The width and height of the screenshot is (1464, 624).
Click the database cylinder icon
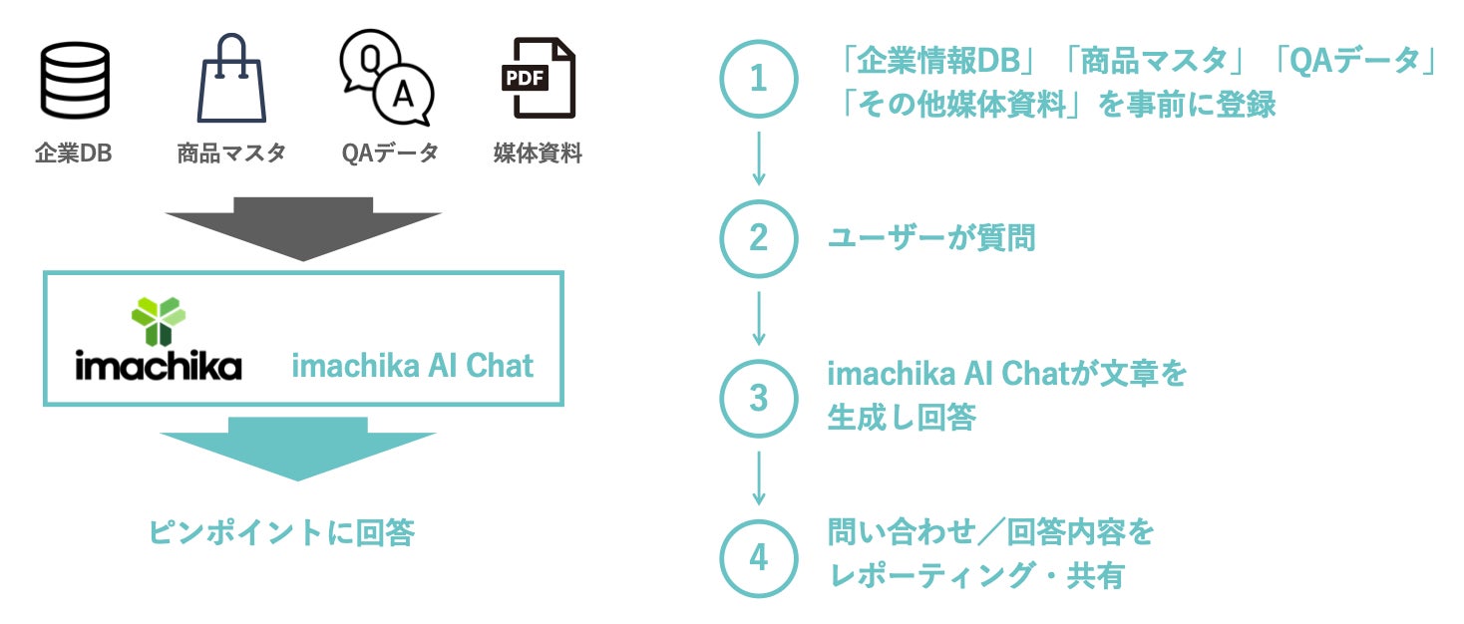75,81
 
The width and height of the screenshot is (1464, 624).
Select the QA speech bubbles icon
387,78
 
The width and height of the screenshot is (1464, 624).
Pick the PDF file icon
539,79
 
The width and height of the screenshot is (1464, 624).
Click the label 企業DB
74,154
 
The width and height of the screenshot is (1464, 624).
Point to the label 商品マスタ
231,154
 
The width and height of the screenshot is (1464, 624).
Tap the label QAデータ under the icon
389,154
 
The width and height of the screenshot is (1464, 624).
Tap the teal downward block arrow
298,448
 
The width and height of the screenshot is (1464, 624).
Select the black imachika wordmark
159,366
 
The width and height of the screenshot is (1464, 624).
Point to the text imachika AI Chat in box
413,366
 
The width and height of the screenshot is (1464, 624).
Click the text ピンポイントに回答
281,533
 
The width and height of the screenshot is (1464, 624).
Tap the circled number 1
759,79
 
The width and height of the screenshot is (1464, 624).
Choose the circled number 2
759,238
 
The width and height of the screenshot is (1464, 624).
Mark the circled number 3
759,399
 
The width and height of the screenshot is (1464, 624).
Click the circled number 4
759,558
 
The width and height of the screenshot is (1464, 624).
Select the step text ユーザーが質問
931,238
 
